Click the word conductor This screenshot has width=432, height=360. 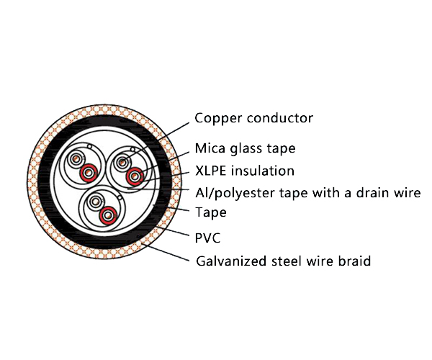point(279,118)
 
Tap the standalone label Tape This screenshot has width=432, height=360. point(211,213)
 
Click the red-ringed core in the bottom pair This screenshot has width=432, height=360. point(108,214)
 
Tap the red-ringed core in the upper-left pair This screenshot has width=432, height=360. point(89,173)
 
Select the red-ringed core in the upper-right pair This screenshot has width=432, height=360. point(134,176)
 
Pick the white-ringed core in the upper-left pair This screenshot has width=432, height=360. point(75,160)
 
